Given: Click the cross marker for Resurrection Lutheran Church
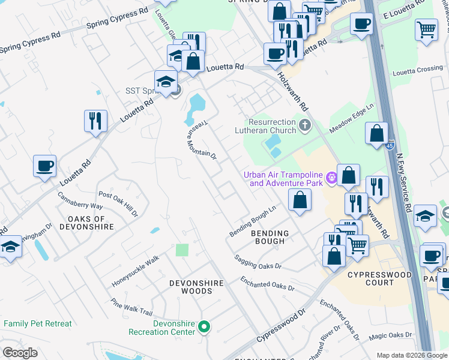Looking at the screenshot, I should tap(305, 125).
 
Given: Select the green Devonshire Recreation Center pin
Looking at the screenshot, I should tap(204, 327).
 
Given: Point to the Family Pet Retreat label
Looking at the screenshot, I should tap(37, 324).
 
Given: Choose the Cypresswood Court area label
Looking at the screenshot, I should tap(380, 279).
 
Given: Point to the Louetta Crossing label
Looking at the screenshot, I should tap(417, 70).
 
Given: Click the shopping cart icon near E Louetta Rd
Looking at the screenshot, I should tap(426, 28).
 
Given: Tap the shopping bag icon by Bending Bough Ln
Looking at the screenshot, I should tap(300, 199).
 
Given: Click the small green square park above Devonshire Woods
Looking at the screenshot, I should tap(182, 250).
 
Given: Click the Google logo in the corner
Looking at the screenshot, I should tap(20, 353).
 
